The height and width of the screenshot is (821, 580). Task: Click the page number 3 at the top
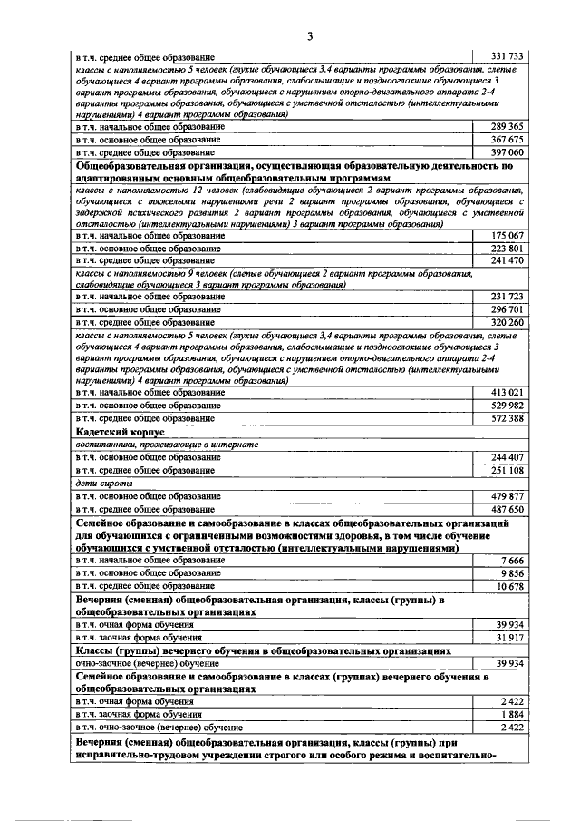click(x=309, y=36)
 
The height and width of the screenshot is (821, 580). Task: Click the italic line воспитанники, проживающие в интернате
click(x=167, y=445)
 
